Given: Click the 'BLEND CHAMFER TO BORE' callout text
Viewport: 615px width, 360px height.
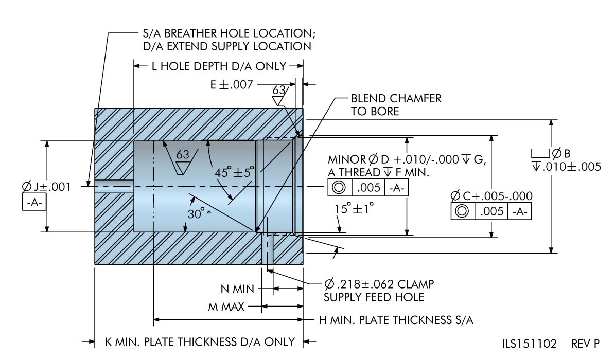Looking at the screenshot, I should tap(396, 105).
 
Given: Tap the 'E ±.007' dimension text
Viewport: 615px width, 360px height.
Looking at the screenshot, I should tap(232, 85).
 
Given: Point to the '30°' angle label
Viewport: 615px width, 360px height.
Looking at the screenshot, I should tap(197, 214).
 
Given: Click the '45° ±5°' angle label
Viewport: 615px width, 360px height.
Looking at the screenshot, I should tap(235, 172).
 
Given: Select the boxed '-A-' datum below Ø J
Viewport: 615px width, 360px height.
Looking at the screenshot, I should tap(34, 203).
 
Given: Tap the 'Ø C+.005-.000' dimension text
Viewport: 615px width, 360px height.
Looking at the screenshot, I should tap(491, 196).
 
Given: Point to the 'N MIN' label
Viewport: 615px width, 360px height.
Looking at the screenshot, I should tap(237, 289).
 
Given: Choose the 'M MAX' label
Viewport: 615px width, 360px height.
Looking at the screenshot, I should tap(226, 307).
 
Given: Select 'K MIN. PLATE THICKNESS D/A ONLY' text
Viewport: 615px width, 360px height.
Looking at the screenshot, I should tap(200, 341).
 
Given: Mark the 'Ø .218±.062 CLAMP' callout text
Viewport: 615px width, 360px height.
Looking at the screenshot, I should tap(379, 284).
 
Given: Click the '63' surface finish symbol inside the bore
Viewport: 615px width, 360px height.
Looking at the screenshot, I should tap(182, 155).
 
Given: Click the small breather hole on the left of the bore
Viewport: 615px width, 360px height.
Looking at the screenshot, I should tap(114, 186).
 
